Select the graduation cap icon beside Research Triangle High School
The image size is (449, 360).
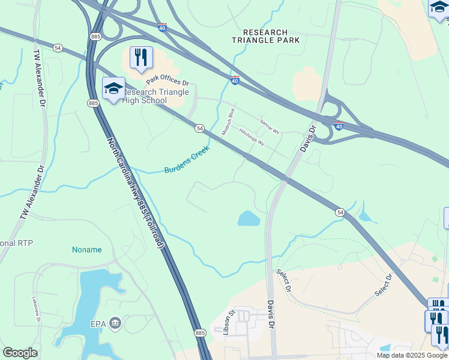[x=113, y=89]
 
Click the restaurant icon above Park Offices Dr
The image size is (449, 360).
[x=141, y=58]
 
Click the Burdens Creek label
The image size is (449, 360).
[x=187, y=163]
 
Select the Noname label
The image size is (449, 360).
[x=86, y=250]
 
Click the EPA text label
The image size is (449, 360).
[x=98, y=324]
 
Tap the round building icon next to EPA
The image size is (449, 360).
[x=115, y=324]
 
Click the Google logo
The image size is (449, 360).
[x=20, y=353]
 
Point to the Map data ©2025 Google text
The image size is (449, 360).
[x=411, y=355]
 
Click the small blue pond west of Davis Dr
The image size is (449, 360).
[x=249, y=218]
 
